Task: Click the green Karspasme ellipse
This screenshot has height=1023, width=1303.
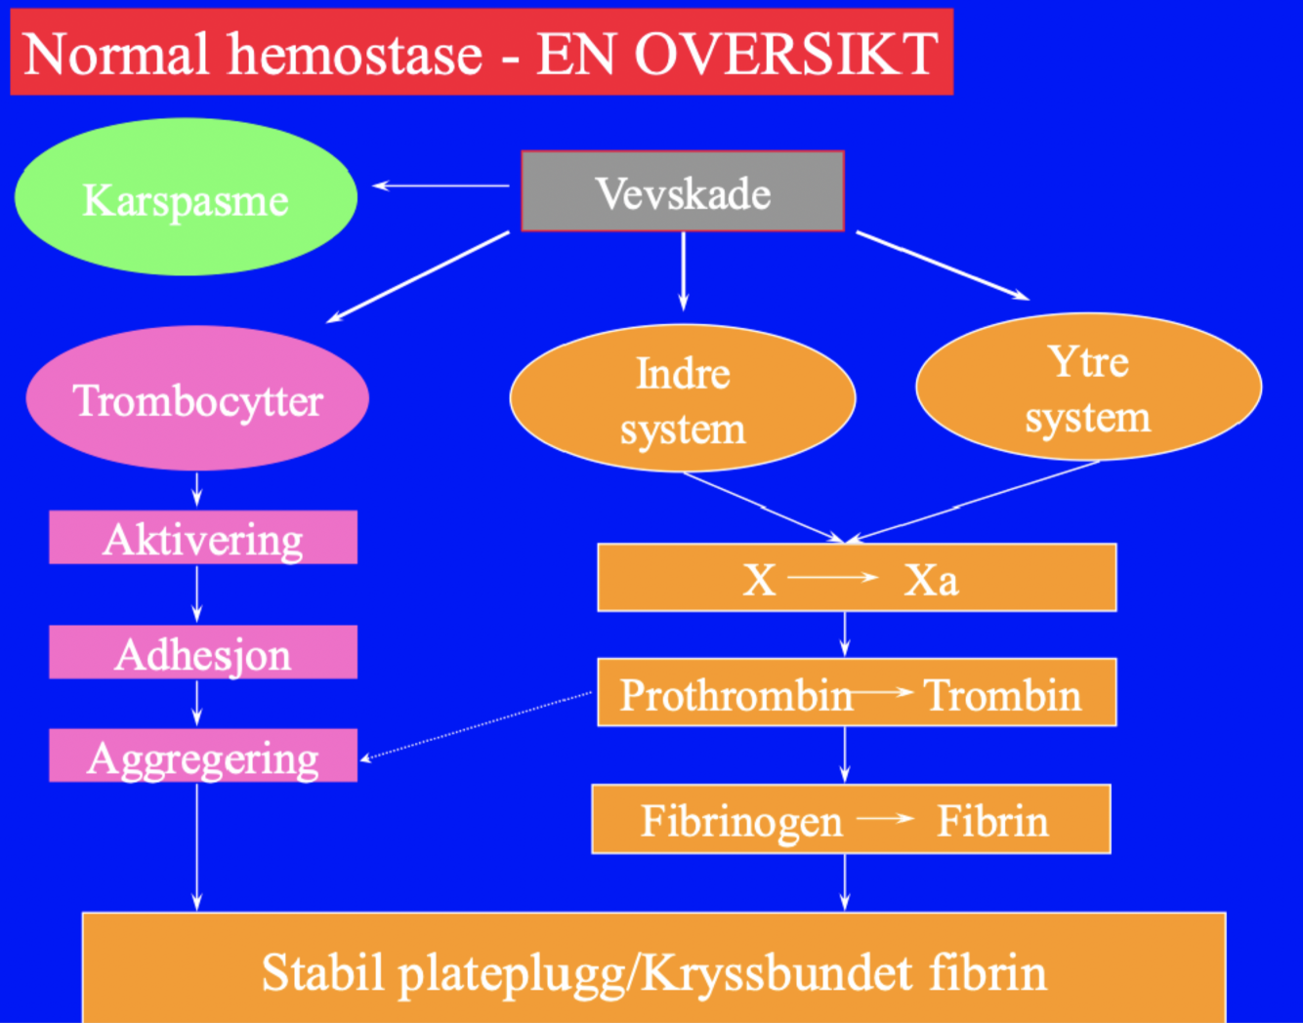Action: point(186,197)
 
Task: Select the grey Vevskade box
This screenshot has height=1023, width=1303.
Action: point(683,192)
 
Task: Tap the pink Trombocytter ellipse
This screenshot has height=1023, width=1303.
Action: point(197,399)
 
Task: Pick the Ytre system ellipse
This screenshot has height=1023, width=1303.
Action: point(1088,388)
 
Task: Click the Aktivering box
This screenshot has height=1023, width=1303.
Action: point(203,538)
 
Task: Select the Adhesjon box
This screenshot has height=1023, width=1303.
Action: point(203,653)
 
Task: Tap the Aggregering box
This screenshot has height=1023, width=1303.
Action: point(203,757)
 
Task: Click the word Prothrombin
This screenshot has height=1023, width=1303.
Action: point(736,695)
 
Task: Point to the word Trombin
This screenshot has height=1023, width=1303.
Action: point(1003,695)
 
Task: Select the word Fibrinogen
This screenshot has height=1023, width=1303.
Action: point(741,821)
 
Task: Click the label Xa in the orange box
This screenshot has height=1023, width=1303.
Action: point(931,580)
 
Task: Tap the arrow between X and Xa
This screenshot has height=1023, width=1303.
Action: point(833,578)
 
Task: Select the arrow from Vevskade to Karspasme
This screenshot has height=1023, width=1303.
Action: point(441,185)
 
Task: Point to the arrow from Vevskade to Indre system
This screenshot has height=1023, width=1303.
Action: point(683,270)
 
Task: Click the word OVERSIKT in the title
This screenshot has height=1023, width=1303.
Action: point(786,54)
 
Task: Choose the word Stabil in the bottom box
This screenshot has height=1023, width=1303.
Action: point(321,973)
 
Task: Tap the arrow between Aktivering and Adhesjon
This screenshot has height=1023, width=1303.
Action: point(197,593)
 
